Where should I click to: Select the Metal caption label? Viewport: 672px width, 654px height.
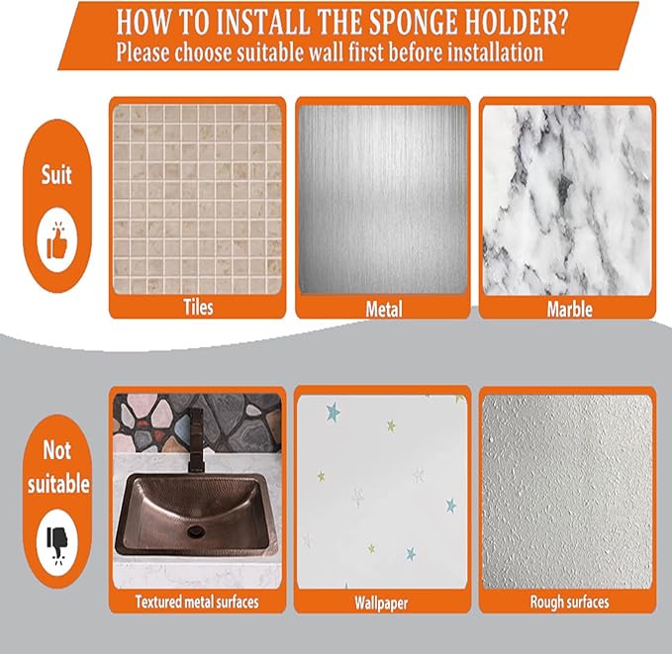click(x=383, y=309)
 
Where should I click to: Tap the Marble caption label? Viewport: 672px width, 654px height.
click(x=569, y=309)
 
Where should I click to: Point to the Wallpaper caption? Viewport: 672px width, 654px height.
click(x=382, y=602)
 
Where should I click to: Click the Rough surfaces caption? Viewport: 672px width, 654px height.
click(x=569, y=601)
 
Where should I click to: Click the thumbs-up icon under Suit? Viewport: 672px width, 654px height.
click(x=56, y=243)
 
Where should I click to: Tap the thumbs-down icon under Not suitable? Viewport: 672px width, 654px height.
click(x=56, y=538)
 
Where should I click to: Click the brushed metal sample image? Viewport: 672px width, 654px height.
click(x=383, y=198)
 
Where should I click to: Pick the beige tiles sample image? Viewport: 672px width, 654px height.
click(x=196, y=198)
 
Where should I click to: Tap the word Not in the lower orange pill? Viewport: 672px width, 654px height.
click(x=56, y=451)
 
